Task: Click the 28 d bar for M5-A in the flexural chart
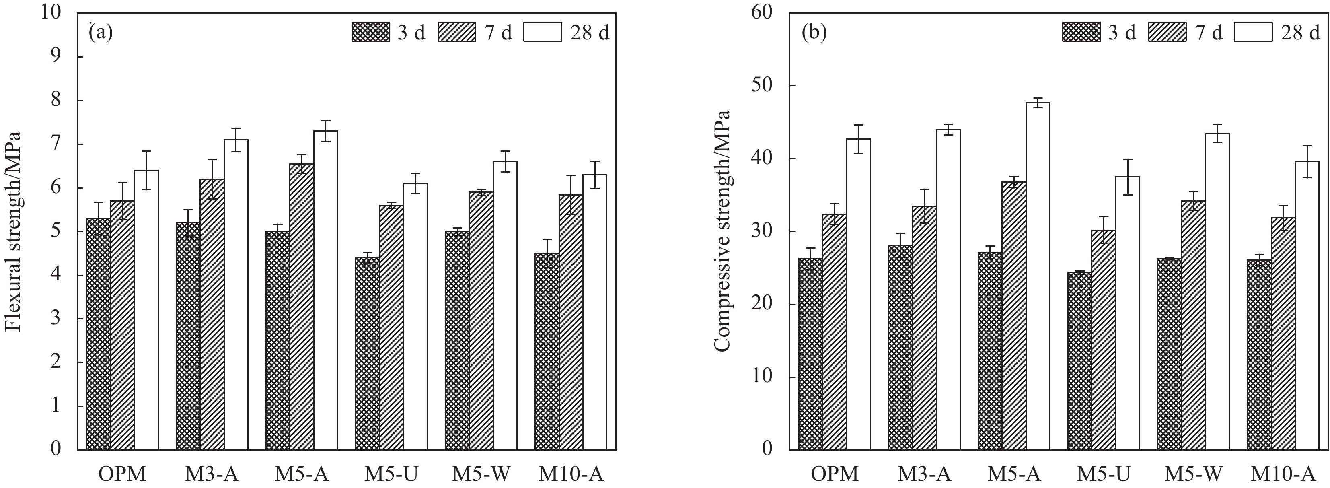coord(325,289)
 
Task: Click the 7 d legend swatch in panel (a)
coord(457,32)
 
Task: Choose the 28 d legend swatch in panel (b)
coord(1253,32)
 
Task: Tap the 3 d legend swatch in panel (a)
coord(371,32)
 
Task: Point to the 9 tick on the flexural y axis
coord(55,57)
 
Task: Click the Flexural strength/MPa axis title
coord(12,231)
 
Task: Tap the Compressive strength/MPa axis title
coord(723,231)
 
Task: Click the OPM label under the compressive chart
coord(835,474)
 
